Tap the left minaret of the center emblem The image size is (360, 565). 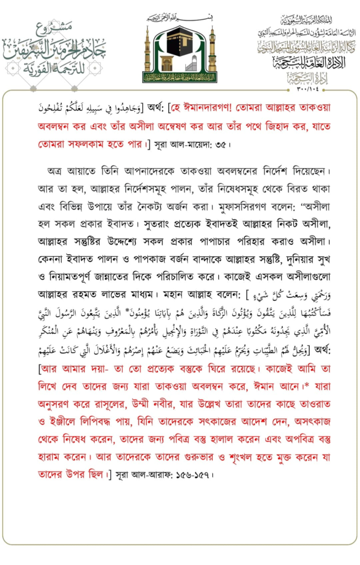(x=147, y=52)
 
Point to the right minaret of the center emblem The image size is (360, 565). (x=212, y=52)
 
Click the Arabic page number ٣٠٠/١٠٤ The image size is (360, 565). (x=301, y=87)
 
